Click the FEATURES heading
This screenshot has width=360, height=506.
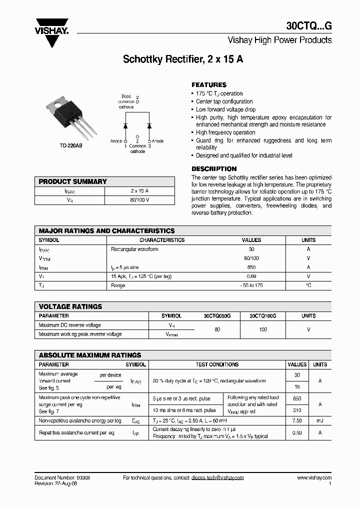coord(209,85)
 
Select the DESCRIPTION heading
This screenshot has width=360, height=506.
coord(214,169)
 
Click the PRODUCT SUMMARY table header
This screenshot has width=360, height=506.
coord(73,181)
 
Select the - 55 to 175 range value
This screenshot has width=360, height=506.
coord(251,285)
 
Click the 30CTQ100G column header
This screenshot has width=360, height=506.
coord(262,316)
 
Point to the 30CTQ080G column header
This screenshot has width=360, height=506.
coord(217,316)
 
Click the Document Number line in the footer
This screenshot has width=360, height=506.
coord(62,478)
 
